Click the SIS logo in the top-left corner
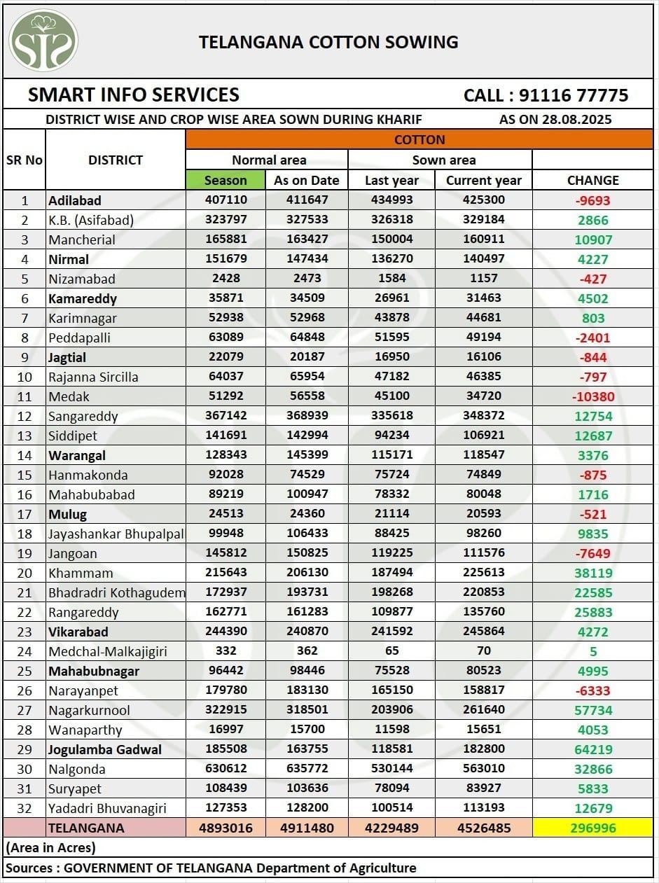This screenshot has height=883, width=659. [x=43, y=41]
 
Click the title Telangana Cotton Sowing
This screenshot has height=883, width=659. [x=328, y=42]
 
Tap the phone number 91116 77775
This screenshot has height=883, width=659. [x=546, y=95]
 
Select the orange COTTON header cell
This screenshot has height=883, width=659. [x=419, y=139]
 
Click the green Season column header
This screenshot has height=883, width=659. [x=226, y=180]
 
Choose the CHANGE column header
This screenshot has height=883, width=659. [x=592, y=180]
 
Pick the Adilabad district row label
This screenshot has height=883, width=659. [x=75, y=200]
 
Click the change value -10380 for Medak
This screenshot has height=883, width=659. [x=593, y=396]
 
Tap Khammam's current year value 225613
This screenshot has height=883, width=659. [x=483, y=572]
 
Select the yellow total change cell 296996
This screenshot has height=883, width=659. [x=592, y=828]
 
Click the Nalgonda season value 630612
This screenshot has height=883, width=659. [x=226, y=768]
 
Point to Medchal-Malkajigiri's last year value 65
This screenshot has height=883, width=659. [x=391, y=651]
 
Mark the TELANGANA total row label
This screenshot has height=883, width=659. [x=86, y=828]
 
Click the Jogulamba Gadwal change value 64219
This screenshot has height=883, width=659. [x=593, y=749]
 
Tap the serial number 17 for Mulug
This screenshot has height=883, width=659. [x=25, y=514]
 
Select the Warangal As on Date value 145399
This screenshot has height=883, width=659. [x=307, y=454]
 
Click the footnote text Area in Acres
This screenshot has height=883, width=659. [x=51, y=847]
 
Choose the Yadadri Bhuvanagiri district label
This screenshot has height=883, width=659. [x=107, y=808]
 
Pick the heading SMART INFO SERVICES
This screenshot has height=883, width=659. [x=134, y=95]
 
